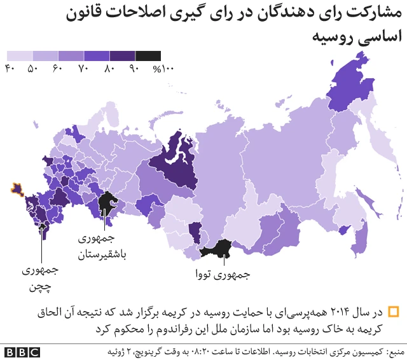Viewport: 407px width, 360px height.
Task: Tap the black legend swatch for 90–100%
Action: tap(148, 56)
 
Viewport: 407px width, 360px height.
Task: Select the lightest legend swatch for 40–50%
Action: tap(20, 56)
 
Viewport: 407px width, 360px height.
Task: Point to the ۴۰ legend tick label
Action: tap(10, 68)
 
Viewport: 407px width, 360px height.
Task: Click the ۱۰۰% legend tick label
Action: tap(163, 68)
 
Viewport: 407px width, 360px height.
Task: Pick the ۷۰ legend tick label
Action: tap(83, 68)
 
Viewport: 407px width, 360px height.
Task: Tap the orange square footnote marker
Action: tap(393, 312)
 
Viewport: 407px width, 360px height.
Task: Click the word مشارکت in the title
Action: tap(378, 13)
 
